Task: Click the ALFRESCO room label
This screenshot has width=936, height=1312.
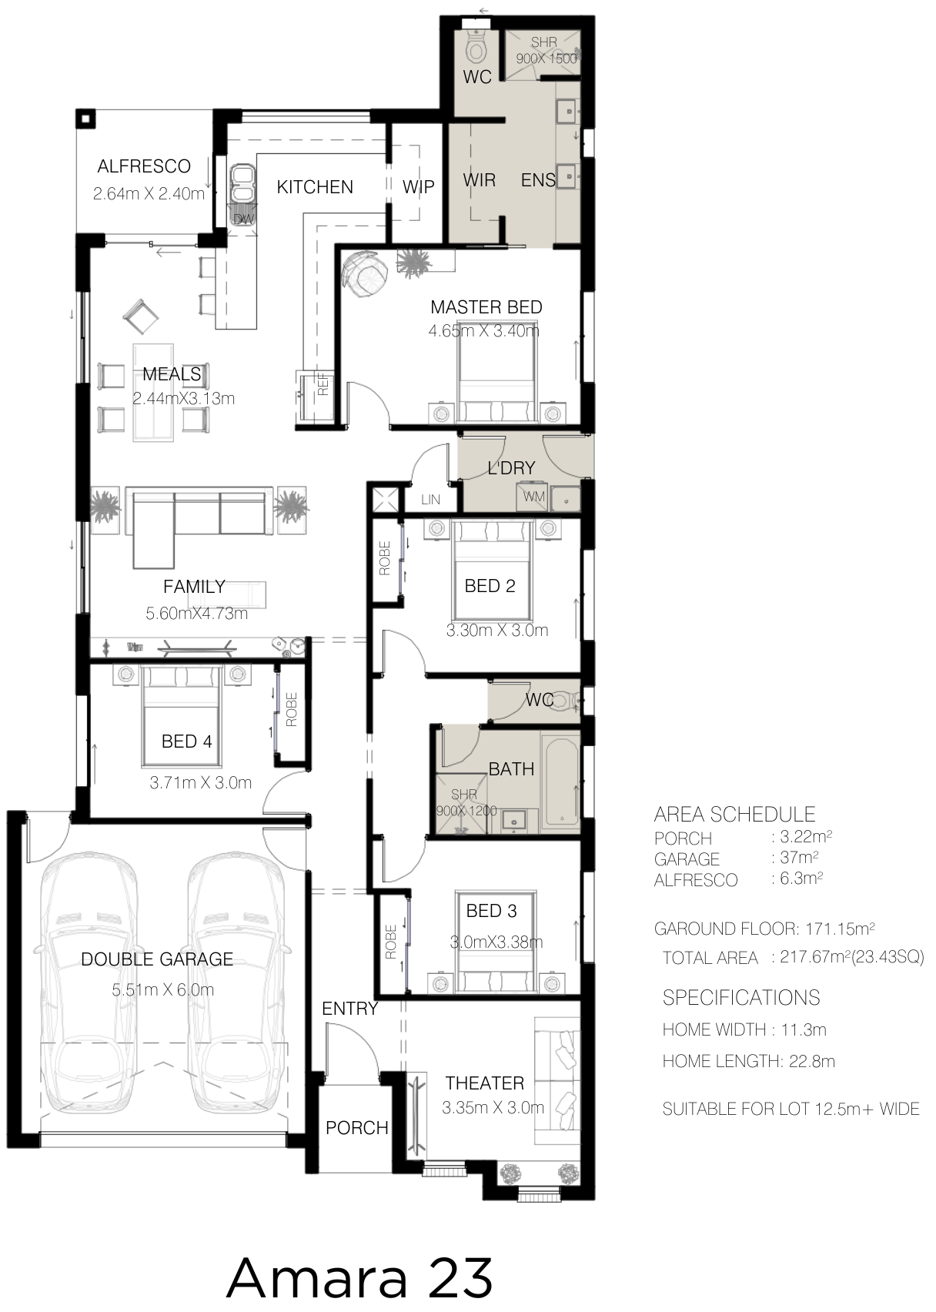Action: [x=143, y=166]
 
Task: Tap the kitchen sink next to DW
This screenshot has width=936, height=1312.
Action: [x=243, y=184]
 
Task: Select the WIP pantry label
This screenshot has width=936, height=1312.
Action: [x=418, y=187]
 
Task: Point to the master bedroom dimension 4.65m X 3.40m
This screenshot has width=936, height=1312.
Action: [x=483, y=331]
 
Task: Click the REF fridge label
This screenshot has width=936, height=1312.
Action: [x=323, y=385]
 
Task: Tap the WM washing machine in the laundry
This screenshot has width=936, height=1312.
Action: [x=533, y=497]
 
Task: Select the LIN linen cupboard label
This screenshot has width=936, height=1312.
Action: [x=430, y=500]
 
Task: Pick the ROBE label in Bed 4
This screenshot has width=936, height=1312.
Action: [x=291, y=710]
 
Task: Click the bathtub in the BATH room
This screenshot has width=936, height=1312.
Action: [x=560, y=782]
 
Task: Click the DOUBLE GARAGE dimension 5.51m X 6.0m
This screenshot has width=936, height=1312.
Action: [x=163, y=990]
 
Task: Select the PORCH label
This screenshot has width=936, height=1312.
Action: [x=356, y=1127]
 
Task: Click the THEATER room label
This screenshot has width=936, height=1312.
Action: [x=484, y=1083]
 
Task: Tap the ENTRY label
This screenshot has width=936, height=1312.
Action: [x=349, y=1008]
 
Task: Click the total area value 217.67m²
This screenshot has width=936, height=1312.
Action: [x=851, y=957]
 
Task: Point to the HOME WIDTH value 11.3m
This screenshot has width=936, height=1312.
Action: [x=803, y=1029]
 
